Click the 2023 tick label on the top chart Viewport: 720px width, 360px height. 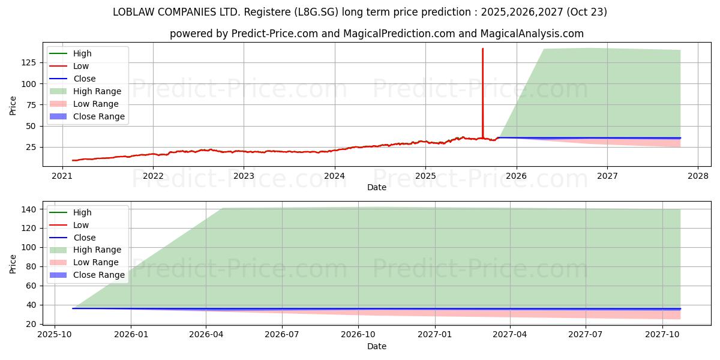pos(243,176)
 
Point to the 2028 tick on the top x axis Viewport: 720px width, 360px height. pos(698,176)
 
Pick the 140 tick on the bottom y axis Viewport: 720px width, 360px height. pos(29,209)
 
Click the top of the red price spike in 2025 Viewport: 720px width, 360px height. pos(482,49)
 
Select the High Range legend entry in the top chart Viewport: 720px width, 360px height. pos(97,91)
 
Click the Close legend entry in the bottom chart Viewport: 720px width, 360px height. pos(84,238)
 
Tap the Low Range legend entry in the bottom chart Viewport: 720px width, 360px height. pos(95,262)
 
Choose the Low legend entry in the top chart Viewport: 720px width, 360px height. pos(81,66)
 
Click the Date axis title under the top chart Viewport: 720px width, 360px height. pos(376,187)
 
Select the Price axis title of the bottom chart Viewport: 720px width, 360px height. pos(13,263)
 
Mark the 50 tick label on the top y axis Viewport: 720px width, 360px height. pos(29,126)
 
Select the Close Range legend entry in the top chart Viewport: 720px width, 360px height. pos(98,116)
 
